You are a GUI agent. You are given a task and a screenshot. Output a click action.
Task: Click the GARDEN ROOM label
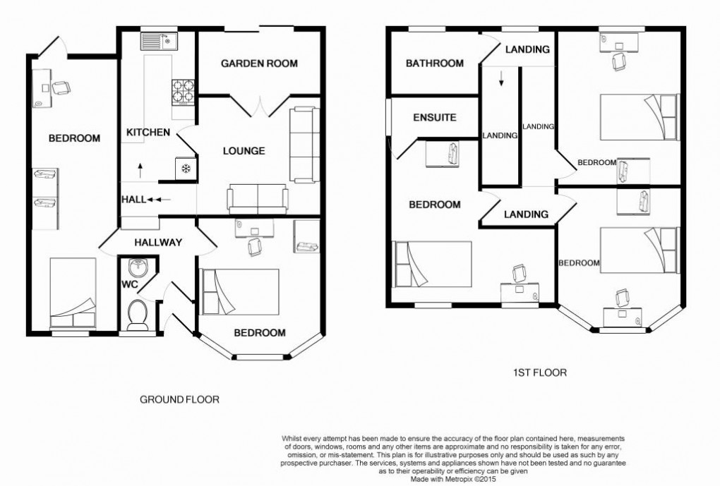(259, 63)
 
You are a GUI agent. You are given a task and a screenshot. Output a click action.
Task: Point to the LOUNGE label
(244, 150)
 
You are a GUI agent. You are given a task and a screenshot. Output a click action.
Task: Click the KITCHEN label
(148, 132)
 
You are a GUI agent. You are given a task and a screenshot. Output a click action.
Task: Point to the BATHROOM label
(434, 63)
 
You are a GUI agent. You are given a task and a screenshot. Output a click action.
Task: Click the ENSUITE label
(435, 118)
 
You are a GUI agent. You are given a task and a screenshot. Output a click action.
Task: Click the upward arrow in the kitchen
(140, 169)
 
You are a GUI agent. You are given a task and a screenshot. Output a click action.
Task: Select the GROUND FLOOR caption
(179, 399)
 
